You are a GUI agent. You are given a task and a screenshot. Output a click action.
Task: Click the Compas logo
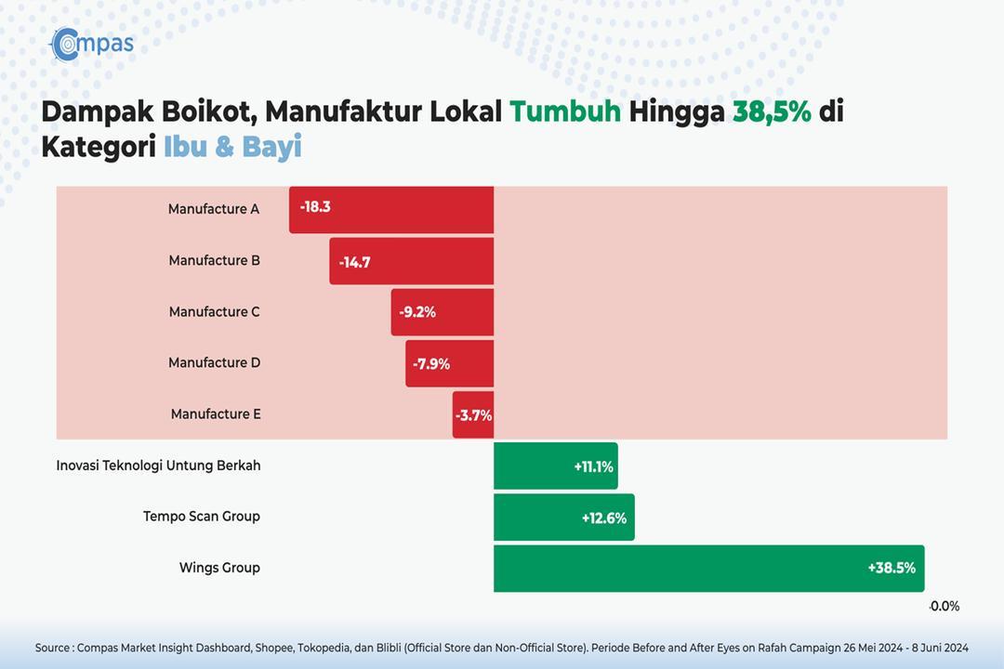coord(92,45)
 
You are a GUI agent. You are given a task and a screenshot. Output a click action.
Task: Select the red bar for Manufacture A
coord(391,210)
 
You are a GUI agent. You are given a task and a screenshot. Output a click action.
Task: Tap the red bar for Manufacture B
coord(412,261)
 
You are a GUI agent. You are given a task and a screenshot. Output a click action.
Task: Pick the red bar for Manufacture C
coord(443,312)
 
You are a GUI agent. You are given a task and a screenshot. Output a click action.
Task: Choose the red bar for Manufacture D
coord(450,363)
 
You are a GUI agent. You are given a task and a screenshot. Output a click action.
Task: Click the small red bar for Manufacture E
coord(473,414)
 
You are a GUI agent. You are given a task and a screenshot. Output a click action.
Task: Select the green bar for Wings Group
coord(708,569)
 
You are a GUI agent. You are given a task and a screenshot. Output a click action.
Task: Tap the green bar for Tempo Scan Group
coord(564,518)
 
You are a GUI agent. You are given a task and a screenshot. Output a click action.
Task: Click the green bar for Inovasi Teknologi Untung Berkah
coord(556,466)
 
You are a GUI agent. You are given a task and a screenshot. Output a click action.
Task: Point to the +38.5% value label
coord(892,568)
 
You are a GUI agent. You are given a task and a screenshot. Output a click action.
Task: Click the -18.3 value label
coord(315,207)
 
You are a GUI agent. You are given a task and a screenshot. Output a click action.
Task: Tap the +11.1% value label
coord(593,466)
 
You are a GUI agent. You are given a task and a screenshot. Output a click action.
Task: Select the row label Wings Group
coord(219,567)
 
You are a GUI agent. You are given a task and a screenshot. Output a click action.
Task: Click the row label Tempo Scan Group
coord(202,516)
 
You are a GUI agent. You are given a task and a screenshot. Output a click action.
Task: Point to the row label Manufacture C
coord(215,312)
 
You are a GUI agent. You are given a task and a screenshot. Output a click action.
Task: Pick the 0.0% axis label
coord(945,606)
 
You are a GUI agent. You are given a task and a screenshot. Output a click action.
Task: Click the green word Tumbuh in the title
coord(565,111)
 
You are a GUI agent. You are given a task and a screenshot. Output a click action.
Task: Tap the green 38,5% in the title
coord(773,112)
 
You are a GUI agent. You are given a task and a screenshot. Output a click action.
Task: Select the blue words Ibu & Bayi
coord(233,147)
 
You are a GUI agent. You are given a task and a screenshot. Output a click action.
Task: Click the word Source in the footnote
coord(52,648)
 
